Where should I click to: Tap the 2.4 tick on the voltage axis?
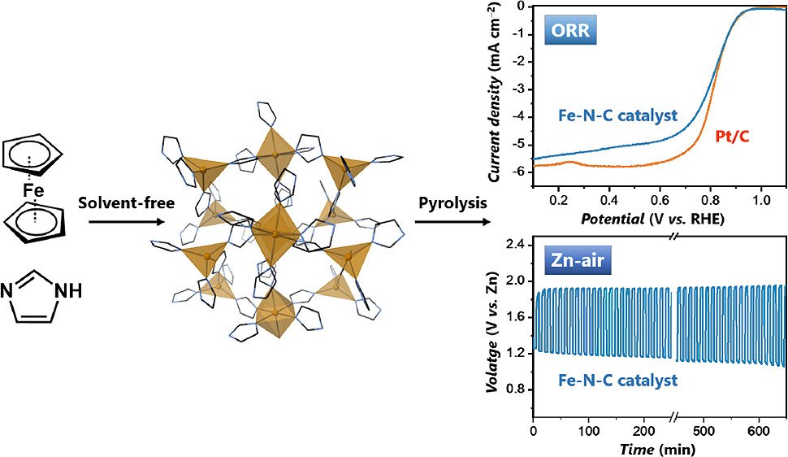pos(515,244)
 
